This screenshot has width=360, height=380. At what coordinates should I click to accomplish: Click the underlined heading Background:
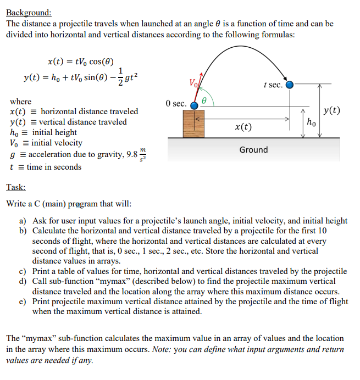(x=29, y=12)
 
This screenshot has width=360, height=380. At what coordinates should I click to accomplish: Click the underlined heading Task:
(x=16, y=187)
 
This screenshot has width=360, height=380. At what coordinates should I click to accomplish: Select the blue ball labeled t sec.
(x=290, y=85)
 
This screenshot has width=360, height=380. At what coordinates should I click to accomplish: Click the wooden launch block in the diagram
(x=193, y=124)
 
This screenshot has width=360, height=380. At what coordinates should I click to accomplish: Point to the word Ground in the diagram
(x=253, y=150)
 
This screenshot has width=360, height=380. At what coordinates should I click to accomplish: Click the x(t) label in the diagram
(x=243, y=127)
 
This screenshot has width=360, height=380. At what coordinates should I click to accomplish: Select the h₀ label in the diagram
(x=312, y=121)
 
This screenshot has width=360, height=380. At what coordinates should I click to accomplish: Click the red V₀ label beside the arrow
(x=193, y=84)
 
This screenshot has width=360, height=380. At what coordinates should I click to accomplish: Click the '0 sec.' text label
(x=176, y=103)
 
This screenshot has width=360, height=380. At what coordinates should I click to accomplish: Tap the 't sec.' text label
(x=273, y=85)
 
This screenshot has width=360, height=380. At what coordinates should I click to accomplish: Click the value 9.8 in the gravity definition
(x=131, y=154)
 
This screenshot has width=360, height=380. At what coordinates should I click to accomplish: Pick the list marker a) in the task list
(x=23, y=221)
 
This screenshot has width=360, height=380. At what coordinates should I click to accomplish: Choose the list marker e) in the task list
(x=23, y=301)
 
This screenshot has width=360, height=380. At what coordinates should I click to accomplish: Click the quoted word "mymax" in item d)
(x=117, y=282)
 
